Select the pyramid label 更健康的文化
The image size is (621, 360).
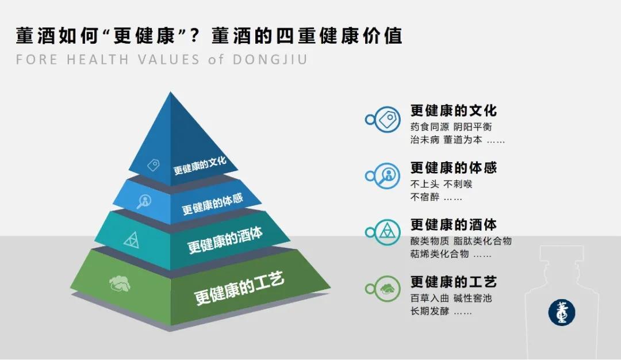(x=200, y=166)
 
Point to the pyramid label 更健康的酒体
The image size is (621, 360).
(x=225, y=240)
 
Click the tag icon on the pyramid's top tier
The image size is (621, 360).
(x=154, y=165)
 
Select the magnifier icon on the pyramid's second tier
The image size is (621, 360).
(x=143, y=201)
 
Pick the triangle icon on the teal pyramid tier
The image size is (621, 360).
(x=131, y=239)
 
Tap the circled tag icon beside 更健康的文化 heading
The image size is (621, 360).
(x=389, y=120)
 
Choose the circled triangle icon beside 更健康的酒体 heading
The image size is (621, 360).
(x=389, y=232)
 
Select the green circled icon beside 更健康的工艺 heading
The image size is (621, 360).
(x=389, y=289)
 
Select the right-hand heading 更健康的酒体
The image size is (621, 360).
(x=454, y=224)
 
